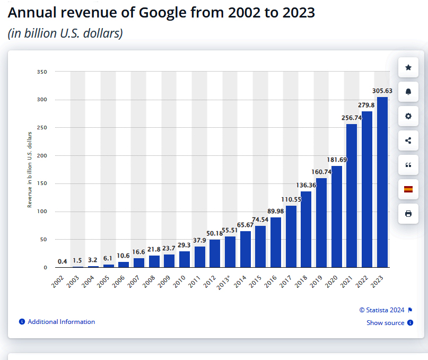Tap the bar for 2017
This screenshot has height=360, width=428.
(x=291, y=236)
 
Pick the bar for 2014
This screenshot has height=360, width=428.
(x=245, y=249)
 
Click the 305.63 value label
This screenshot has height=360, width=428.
(x=382, y=91)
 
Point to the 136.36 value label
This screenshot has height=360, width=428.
(x=305, y=186)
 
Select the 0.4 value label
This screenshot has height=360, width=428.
(x=63, y=261)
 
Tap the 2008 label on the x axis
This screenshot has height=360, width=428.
(x=151, y=281)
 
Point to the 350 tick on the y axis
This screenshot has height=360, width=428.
(x=42, y=72)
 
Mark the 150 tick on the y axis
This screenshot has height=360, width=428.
(x=42, y=183)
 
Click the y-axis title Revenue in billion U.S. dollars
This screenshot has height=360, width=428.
(x=30, y=169)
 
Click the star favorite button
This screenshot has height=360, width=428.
(x=408, y=67)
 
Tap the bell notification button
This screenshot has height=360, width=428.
(x=408, y=92)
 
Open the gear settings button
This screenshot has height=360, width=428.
(x=408, y=116)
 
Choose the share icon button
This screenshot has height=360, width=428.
(x=408, y=141)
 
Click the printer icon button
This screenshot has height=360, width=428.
(x=408, y=214)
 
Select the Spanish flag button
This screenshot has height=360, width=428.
(x=408, y=189)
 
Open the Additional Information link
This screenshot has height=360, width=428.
(x=61, y=322)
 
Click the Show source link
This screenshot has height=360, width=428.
(x=386, y=323)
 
